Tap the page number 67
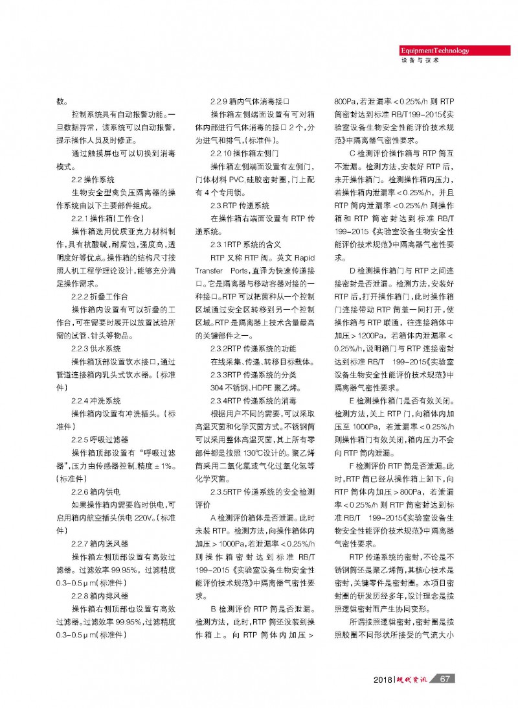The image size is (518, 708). click(x=444, y=679)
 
